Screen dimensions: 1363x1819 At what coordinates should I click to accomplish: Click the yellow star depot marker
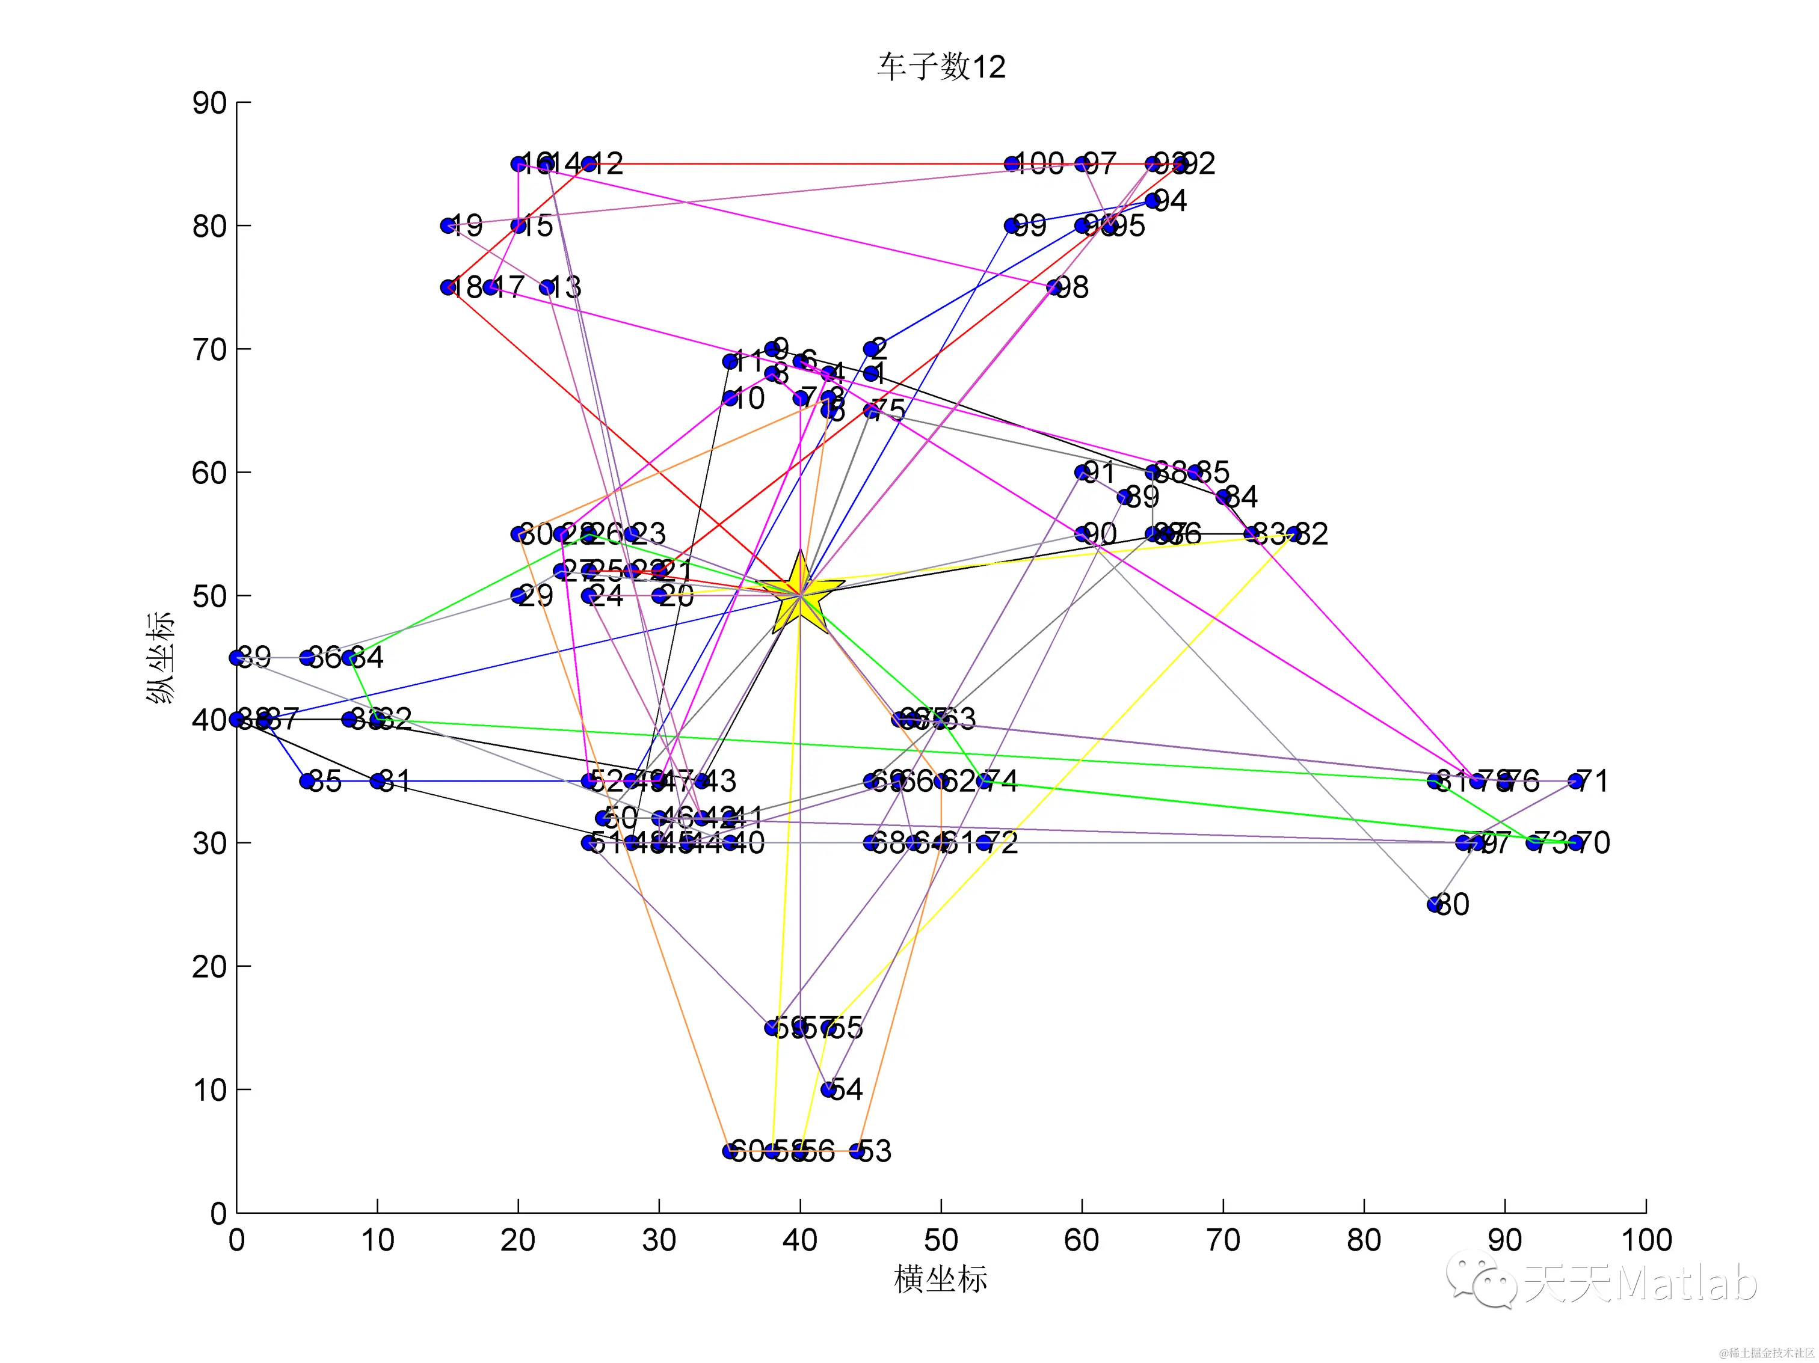tap(799, 593)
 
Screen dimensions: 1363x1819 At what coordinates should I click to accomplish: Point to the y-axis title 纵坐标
tap(161, 658)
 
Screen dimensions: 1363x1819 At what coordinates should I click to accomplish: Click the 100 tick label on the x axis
tap(1646, 1240)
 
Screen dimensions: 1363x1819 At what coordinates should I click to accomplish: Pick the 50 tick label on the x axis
tap(941, 1240)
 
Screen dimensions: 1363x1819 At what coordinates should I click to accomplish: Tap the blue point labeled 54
tap(829, 1089)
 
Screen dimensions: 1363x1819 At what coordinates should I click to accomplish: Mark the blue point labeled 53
tap(857, 1151)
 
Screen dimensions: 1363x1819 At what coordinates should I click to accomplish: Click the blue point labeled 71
tap(1575, 781)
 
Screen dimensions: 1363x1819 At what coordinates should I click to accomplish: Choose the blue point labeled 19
tap(448, 225)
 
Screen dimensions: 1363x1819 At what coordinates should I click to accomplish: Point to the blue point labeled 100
tap(1012, 164)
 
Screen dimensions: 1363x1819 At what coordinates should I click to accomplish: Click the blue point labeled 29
tap(518, 595)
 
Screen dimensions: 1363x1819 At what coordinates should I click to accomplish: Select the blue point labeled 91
tap(1082, 472)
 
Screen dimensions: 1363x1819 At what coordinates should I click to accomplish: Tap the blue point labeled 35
tap(307, 781)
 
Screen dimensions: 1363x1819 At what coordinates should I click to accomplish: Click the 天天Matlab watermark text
tap(1640, 1282)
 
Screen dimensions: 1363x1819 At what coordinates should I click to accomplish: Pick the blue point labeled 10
tap(730, 398)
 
